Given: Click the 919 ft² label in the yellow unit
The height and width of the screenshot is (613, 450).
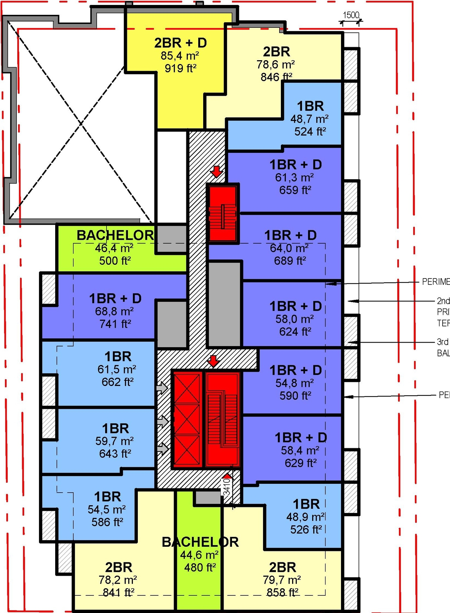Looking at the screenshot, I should point(180,68).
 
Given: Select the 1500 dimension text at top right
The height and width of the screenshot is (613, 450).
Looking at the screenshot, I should point(351,15).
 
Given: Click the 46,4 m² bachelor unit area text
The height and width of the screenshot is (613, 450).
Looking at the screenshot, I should point(114,248).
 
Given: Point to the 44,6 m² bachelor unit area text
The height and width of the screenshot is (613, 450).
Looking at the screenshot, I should point(199,555).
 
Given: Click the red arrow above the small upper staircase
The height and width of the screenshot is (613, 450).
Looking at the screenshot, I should point(216,172).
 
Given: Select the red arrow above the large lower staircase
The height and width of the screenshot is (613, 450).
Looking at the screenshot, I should point(213,361).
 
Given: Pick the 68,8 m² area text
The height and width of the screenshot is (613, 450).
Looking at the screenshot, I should point(114,311).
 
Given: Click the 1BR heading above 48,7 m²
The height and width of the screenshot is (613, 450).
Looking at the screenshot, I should point(310,106).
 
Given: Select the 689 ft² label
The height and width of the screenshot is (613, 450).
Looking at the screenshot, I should point(290,261).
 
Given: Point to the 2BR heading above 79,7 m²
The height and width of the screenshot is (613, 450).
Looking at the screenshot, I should point(282,567).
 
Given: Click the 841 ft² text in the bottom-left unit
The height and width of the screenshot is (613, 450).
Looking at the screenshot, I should point(118,593).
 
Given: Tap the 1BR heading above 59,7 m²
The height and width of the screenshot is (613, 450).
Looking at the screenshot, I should point(115,429).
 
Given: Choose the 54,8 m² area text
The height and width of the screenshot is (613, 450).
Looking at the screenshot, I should point(295,383).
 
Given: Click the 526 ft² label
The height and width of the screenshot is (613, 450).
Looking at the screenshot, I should point(306,530).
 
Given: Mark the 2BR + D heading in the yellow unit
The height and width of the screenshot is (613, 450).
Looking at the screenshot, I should point(180,43).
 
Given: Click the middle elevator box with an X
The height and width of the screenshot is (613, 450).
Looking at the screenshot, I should point(187,419).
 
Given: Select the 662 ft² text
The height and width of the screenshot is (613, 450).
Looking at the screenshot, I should point(117,382).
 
